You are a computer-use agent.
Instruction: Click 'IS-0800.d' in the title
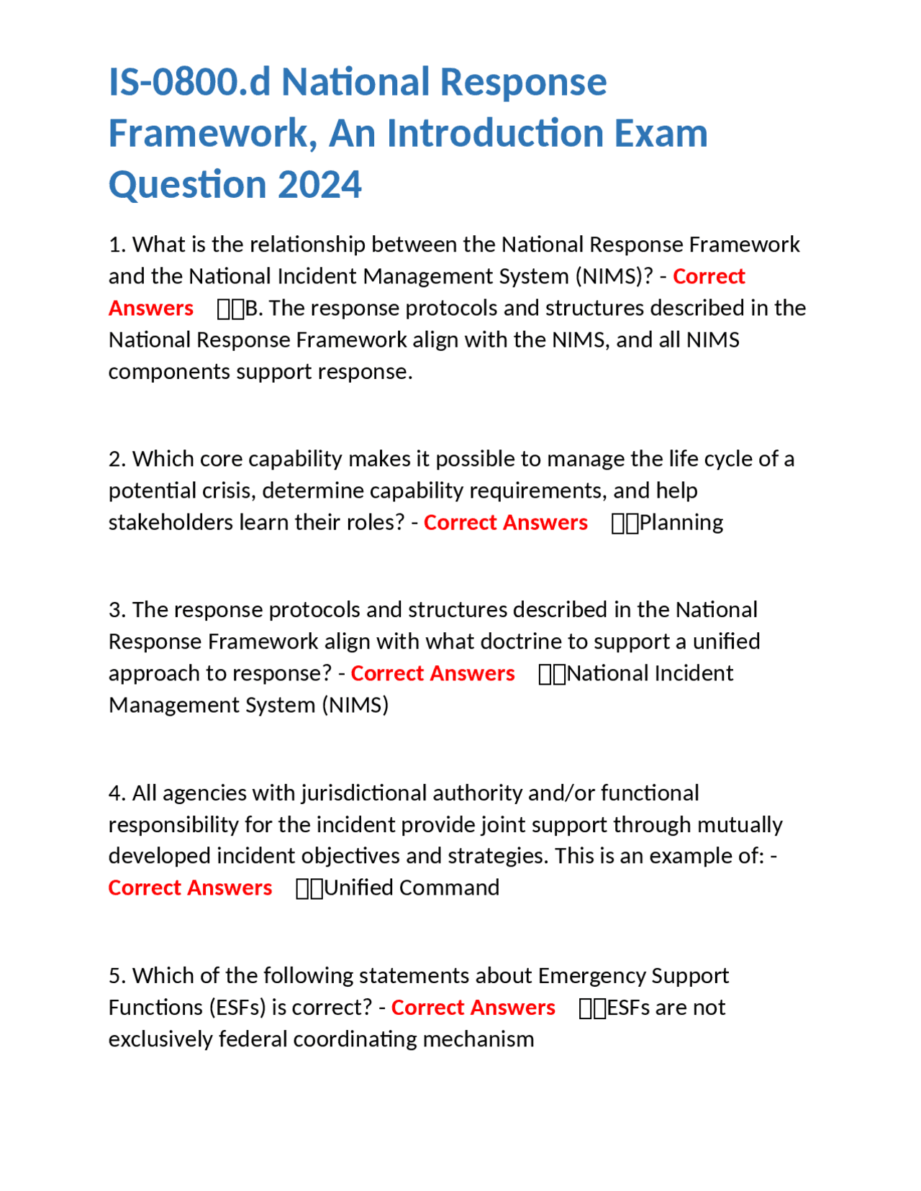[189, 83]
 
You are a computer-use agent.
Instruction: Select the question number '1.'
[117, 245]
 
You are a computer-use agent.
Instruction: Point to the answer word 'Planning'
[681, 522]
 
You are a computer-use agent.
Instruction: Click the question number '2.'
[117, 459]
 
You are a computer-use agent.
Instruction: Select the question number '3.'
[117, 610]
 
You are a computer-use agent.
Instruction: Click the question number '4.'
[117, 793]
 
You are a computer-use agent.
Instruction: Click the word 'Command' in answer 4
[449, 887]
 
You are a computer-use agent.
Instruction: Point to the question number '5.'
[117, 976]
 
